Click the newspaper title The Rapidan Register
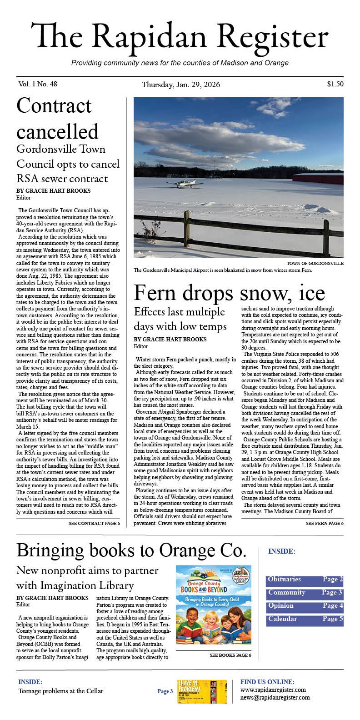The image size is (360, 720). (x=180, y=37)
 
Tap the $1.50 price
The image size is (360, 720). (x=335, y=84)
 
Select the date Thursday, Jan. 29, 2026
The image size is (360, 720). (x=181, y=85)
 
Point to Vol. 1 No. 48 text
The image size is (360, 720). (x=38, y=84)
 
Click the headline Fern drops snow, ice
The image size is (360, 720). (x=229, y=293)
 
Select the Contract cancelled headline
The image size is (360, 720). (x=57, y=119)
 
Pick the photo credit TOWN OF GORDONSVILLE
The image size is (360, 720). (x=315, y=264)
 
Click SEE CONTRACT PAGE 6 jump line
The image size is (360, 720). (x=94, y=524)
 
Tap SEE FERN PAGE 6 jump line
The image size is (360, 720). (x=325, y=524)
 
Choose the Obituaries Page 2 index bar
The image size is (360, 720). (x=305, y=580)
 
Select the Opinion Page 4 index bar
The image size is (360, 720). (x=305, y=606)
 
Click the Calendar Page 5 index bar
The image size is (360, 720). (x=305, y=619)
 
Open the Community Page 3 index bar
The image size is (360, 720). (x=305, y=593)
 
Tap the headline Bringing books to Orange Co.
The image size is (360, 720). (x=131, y=551)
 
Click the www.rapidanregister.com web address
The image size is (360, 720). (x=273, y=690)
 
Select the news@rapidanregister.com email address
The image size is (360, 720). (x=275, y=698)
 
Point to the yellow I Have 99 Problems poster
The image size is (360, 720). (x=201, y=691)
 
